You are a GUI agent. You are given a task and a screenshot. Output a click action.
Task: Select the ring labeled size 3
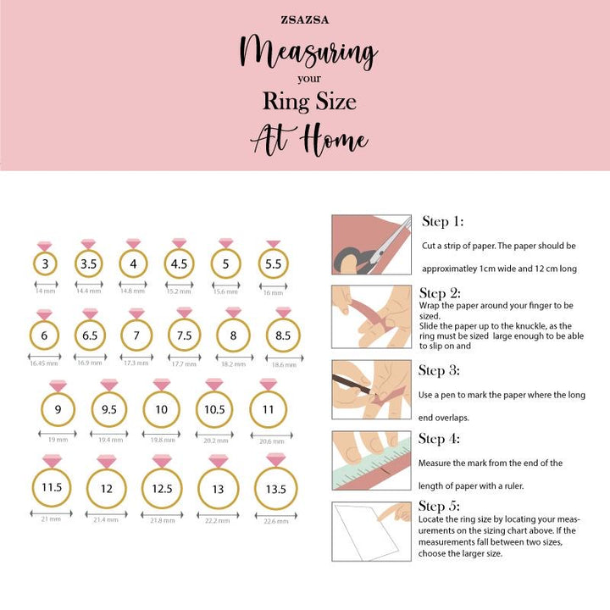45,263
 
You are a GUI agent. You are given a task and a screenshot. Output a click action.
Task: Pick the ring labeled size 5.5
273,264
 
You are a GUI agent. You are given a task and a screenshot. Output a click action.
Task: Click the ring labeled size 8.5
282,335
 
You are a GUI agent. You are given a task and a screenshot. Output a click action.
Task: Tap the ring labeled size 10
161,410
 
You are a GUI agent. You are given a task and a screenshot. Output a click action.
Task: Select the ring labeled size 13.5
275,489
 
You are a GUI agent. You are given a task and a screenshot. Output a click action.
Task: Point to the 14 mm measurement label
45,291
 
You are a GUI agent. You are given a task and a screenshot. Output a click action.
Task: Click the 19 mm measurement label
58,441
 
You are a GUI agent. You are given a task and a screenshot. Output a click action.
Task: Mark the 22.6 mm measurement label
275,520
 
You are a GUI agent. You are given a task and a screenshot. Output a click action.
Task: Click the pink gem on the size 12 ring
107,461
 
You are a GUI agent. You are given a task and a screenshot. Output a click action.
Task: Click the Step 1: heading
442,222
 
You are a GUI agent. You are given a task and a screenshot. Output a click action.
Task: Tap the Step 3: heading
439,370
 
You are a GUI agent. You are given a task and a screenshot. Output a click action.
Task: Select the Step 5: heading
439,507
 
